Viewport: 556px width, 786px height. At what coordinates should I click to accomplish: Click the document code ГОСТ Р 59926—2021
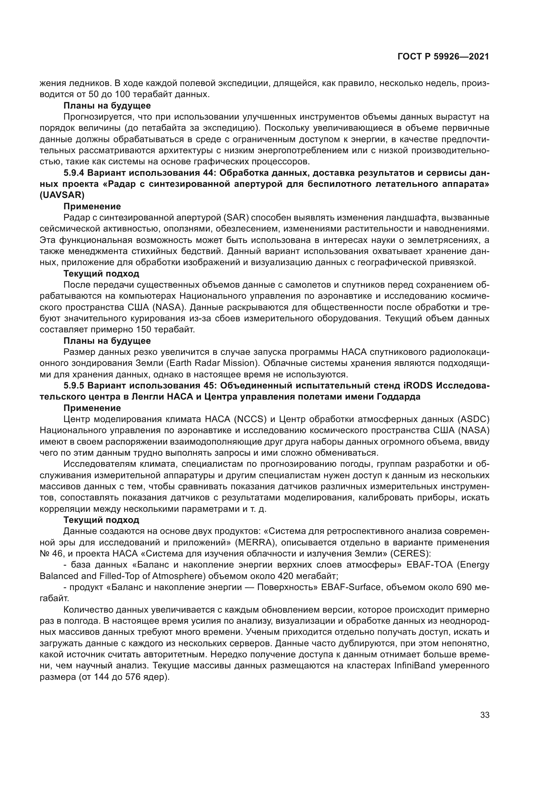click(x=443, y=57)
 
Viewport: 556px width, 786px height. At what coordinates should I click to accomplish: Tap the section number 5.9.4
click(x=74, y=173)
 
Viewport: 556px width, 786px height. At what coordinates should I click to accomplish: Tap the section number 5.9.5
click(x=74, y=385)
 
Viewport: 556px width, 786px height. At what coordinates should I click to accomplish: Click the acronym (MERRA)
click(x=255, y=543)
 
